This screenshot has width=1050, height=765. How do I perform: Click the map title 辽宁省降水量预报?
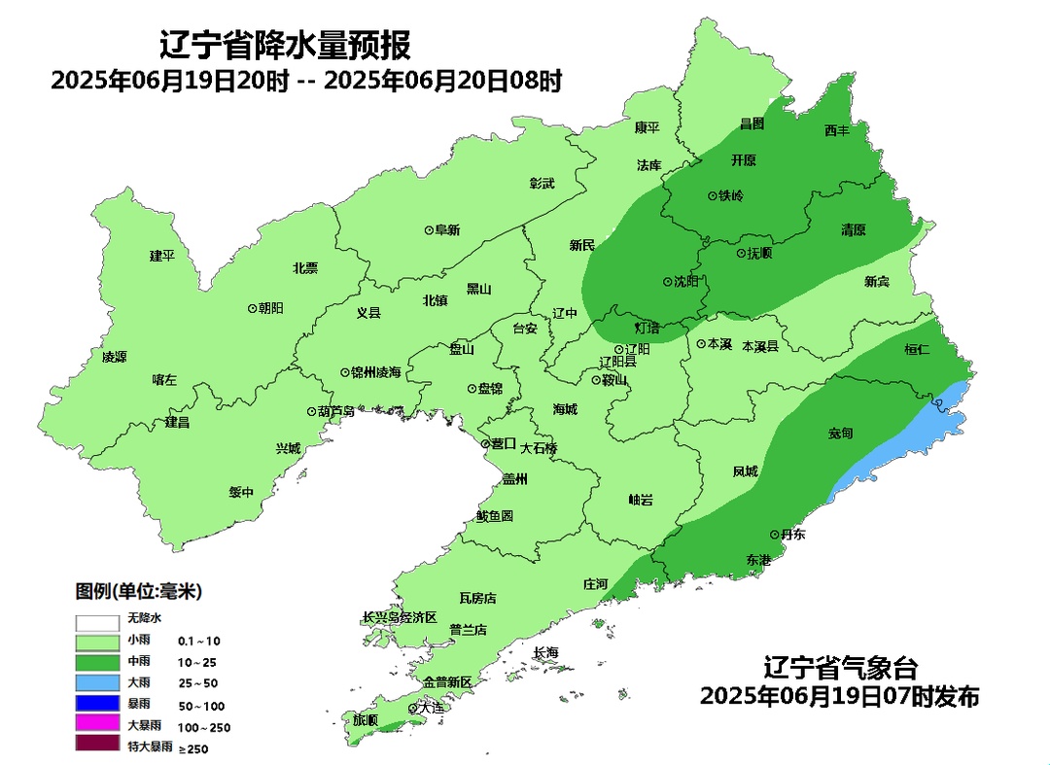click(285, 45)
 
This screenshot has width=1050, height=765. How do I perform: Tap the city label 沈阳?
click(686, 282)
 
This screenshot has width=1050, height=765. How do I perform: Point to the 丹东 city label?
click(795, 535)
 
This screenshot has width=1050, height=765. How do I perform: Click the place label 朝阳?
click(272, 307)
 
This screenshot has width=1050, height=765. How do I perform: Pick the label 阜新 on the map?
click(447, 230)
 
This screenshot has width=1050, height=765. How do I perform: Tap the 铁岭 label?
click(731, 195)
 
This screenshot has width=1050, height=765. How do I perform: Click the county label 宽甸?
click(840, 434)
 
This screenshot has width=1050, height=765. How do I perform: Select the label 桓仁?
click(917, 349)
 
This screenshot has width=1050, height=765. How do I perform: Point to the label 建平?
click(161, 256)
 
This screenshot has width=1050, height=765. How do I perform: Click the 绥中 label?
click(241, 492)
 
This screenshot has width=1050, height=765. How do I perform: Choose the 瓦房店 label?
click(477, 597)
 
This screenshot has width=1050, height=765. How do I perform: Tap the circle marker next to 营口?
click(485, 444)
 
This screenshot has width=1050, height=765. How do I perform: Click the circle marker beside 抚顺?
click(739, 253)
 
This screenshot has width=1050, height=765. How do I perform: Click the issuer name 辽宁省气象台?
click(840, 669)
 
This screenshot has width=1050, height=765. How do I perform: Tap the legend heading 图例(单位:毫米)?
click(139, 591)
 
